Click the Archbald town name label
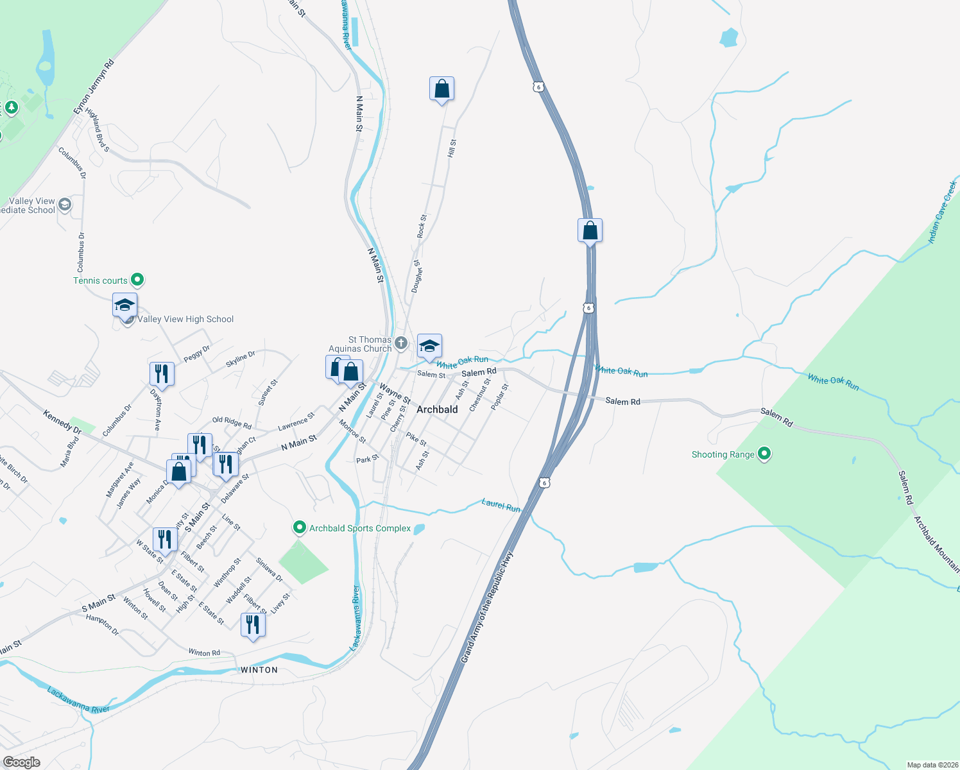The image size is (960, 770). point(437,409)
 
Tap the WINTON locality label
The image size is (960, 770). point(259,670)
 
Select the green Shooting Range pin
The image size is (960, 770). point(764,454)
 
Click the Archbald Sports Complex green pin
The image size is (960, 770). point(299,527)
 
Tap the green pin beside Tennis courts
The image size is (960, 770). point(137,280)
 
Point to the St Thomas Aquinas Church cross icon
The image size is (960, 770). point(401,343)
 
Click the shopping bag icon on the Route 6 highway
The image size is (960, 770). point(590,231)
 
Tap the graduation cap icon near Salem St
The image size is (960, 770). point(429,346)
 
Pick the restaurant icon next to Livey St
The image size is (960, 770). point(253,625)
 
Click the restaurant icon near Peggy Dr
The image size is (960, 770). point(162,373)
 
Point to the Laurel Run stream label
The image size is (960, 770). point(501,505)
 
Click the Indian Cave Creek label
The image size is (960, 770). point(943,212)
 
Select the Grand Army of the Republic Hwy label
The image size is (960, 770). point(487,607)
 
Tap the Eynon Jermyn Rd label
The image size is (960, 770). point(94,87)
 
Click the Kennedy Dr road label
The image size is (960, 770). point(62,421)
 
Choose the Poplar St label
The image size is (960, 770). point(500,397)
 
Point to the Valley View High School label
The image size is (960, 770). point(185,319)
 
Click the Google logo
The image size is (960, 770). point(21,762)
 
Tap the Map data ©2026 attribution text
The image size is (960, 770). point(932,765)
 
